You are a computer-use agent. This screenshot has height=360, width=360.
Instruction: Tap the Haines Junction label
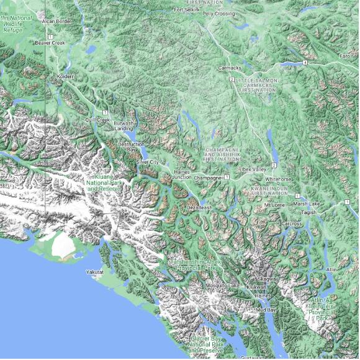point(182,174)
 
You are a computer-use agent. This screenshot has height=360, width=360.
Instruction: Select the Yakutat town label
point(95,272)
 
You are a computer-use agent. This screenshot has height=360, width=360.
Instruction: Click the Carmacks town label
point(229,68)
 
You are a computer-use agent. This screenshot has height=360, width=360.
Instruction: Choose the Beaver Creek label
point(50,43)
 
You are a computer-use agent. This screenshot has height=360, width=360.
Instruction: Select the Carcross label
point(291,223)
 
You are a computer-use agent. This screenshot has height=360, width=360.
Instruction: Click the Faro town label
point(344,56)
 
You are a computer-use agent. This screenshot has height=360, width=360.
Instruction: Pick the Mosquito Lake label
point(224,285)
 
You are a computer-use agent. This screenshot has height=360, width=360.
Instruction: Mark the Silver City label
point(148,162)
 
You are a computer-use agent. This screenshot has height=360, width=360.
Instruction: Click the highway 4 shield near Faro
point(305,63)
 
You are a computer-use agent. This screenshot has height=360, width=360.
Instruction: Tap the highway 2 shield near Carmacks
point(232,80)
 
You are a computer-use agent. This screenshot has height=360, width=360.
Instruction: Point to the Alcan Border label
point(56,21)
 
